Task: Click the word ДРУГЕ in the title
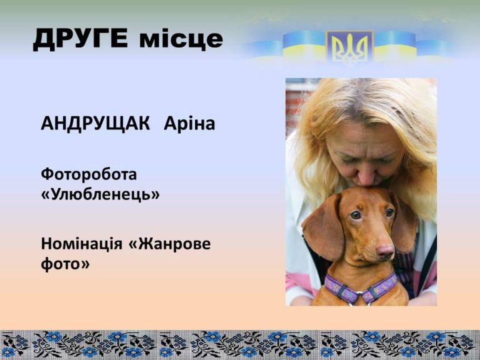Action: [80, 39]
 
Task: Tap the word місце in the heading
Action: [181, 39]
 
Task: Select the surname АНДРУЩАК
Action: [96, 124]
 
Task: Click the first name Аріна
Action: [189, 123]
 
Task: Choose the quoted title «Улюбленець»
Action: [101, 194]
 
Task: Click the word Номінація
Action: [81, 244]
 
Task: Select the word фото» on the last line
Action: [65, 264]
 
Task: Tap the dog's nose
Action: [385, 251]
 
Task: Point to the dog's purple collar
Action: [361, 289]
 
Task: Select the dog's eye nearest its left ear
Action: [356, 215]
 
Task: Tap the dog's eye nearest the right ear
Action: [390, 212]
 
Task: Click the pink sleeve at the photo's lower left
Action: [296, 283]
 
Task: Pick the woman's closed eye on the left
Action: [348, 159]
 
